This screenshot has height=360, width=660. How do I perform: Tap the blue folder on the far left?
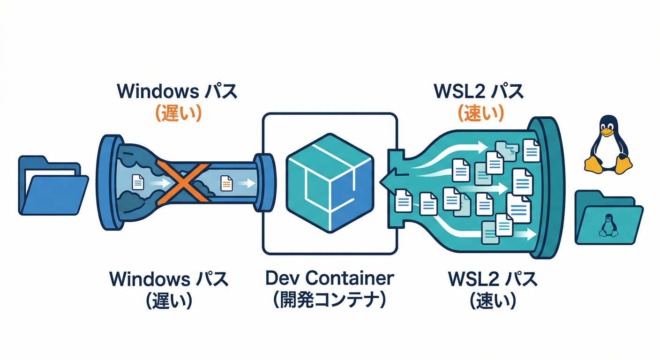pyautogui.click(x=52, y=185)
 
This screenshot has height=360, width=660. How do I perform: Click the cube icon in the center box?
pyautogui.click(x=330, y=183)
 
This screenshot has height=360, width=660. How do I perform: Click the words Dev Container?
pyautogui.click(x=330, y=278)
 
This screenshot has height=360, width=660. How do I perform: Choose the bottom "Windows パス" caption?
pyautogui.click(x=169, y=279)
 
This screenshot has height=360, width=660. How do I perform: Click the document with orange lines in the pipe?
pyautogui.click(x=226, y=182)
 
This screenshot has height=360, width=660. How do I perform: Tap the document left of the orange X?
pyautogui.click(x=138, y=182)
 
